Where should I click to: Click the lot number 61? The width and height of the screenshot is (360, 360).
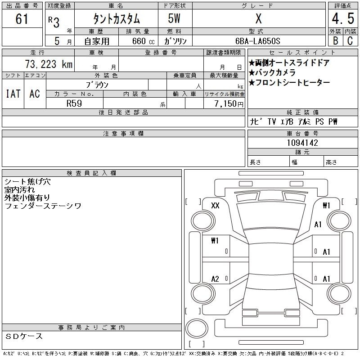22,19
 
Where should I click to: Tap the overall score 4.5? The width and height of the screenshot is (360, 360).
343,18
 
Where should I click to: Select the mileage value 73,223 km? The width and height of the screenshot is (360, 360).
49,64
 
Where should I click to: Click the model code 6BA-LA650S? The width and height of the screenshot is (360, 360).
257,41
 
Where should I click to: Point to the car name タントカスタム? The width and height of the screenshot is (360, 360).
117,19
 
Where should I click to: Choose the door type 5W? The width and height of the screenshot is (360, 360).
174,18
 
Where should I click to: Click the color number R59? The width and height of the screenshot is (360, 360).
74,103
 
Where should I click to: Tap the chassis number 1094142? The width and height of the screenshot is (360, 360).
302,143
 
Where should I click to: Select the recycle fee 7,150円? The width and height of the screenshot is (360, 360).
229,104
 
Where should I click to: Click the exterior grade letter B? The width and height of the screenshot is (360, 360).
335,40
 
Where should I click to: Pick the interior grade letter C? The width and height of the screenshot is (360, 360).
350,40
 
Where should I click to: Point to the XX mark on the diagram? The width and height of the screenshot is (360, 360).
215,205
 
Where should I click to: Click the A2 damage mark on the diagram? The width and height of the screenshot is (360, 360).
215,279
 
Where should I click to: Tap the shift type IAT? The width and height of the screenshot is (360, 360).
13,94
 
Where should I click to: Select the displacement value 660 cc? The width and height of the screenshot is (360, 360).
143,41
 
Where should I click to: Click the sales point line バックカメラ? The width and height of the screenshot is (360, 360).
272,72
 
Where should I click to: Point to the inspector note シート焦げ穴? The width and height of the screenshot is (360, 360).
27,182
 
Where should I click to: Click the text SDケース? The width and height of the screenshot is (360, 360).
24,336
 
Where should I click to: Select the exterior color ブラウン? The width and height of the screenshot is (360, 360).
97,85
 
